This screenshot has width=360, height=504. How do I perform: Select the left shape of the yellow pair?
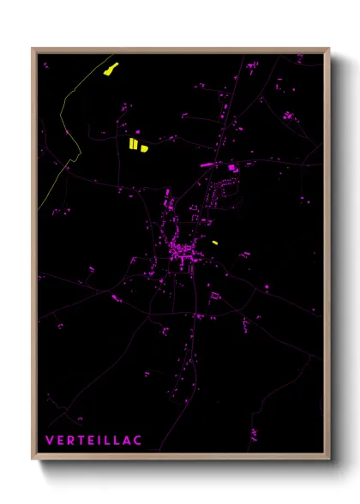[x=134, y=143]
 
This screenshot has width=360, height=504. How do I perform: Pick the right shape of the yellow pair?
[x=144, y=147]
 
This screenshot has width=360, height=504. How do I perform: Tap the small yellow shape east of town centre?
[x=214, y=243]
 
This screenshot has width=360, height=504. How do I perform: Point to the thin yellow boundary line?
[x=64, y=120]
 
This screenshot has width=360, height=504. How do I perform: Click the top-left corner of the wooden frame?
[x=33, y=50]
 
